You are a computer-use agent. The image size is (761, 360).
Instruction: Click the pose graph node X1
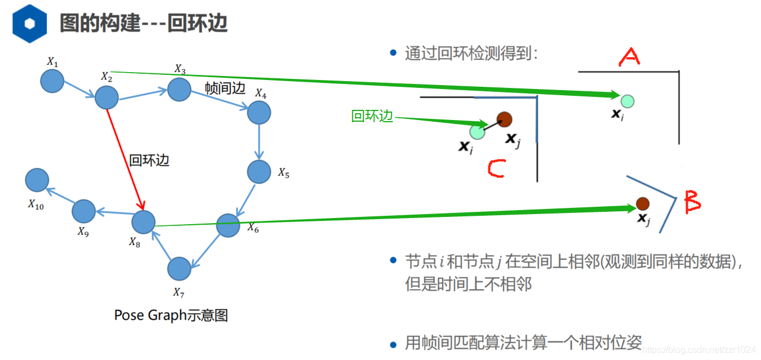[52, 81]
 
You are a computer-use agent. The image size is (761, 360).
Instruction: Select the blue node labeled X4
[259, 112]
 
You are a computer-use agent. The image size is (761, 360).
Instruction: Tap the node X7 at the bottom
[179, 269]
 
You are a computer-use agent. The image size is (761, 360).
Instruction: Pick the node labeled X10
[37, 180]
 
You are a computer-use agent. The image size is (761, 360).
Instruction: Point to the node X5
[259, 172]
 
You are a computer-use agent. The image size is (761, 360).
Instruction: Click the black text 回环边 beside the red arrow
[149, 160]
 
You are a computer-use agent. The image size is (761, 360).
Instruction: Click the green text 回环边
[372, 117]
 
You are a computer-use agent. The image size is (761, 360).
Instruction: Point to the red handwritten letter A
[629, 56]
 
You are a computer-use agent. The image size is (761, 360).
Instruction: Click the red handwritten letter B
[692, 202]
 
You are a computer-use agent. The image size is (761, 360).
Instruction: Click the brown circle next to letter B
[642, 203]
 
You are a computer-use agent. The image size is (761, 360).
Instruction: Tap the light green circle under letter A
[628, 101]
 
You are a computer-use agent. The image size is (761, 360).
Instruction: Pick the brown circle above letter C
[504, 119]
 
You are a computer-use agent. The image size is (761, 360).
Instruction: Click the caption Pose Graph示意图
[171, 315]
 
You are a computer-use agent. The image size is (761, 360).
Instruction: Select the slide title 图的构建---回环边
[144, 23]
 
